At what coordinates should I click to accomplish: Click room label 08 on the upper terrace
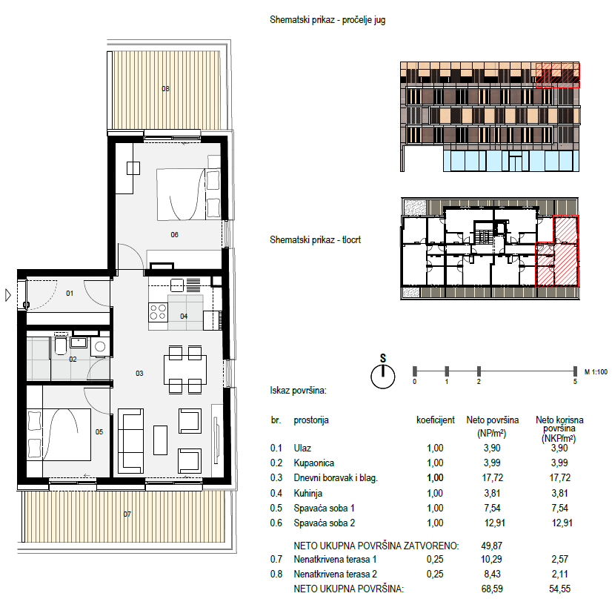point(166,89)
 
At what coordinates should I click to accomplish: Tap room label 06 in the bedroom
point(174,234)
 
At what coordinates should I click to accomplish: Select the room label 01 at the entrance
point(70,293)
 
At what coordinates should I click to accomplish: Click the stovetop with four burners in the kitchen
point(158,312)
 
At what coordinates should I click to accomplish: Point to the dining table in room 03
point(185,370)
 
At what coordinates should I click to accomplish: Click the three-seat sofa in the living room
point(130,441)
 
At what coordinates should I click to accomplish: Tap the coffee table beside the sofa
point(160,440)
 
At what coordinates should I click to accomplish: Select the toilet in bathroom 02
point(61,345)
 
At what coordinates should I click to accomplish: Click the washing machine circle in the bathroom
point(100,346)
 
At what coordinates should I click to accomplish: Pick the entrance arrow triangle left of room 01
point(8,295)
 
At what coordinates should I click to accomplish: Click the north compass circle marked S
point(383,377)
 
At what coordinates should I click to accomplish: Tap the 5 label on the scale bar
point(575,382)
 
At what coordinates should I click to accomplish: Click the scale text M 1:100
point(596,371)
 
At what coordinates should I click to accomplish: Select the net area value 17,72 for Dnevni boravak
point(492,477)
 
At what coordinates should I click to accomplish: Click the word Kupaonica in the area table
point(313,463)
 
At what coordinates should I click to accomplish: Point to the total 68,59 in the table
point(492,589)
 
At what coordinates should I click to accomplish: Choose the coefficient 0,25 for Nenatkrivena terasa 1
point(435,559)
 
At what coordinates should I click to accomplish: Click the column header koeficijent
point(436,420)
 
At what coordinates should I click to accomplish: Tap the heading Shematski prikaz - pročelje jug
point(327,19)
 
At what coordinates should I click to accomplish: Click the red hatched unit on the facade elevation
point(558,75)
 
